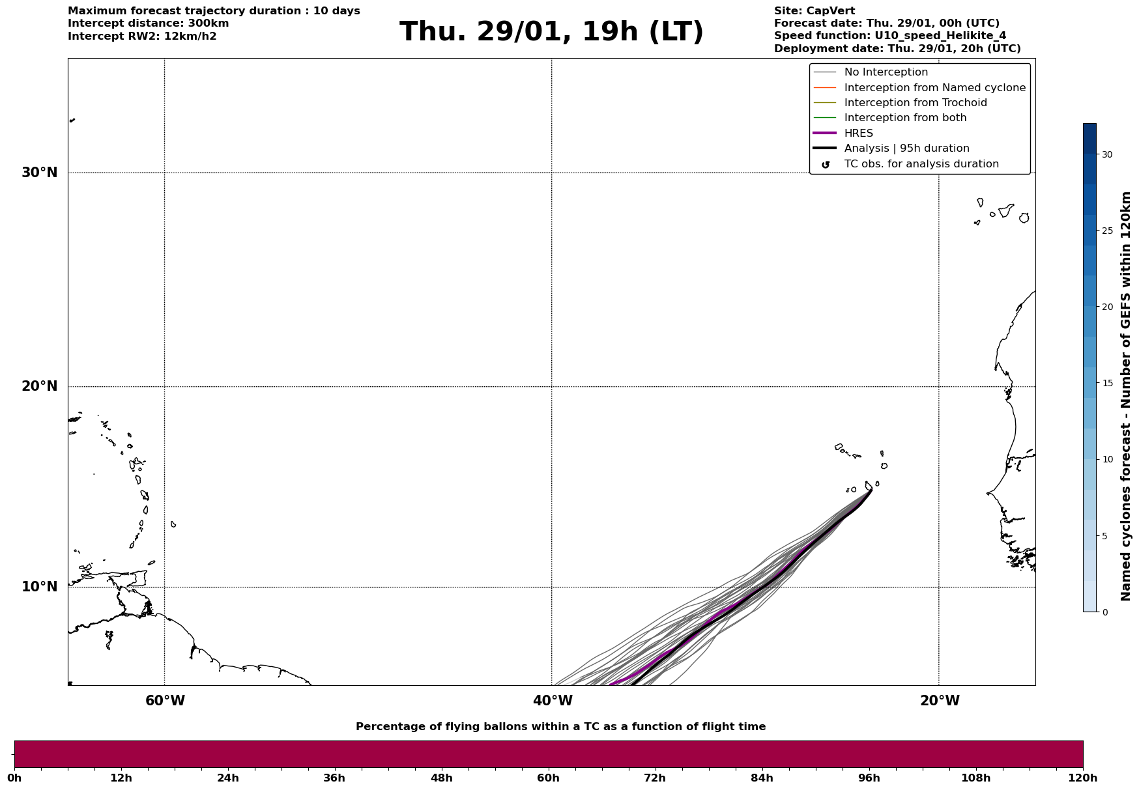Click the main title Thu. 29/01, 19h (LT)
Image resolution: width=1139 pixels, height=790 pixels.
551,32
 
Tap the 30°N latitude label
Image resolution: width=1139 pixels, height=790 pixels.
40,173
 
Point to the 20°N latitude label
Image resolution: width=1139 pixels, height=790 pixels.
40,386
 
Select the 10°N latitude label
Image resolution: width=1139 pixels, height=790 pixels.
40,587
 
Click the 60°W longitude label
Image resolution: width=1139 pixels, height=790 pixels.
165,701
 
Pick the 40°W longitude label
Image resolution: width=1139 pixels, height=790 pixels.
553,701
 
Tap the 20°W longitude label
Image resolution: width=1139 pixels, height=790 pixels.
940,701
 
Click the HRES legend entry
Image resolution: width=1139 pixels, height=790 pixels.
858,134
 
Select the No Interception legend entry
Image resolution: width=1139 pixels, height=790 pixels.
886,72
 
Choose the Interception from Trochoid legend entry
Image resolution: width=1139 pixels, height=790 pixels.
915,103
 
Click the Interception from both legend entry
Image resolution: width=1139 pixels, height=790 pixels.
905,118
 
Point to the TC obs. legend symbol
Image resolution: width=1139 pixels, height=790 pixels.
826,165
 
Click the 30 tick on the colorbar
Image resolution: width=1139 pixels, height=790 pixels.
1106,154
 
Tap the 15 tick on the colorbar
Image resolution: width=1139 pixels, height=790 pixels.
1106,383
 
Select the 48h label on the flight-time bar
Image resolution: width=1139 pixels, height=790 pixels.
441,778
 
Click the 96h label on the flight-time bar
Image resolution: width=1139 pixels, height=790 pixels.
869,778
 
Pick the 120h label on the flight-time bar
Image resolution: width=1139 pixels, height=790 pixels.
1083,778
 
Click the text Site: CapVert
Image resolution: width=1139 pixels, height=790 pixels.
815,11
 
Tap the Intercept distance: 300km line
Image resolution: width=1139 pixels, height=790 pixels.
148,23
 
